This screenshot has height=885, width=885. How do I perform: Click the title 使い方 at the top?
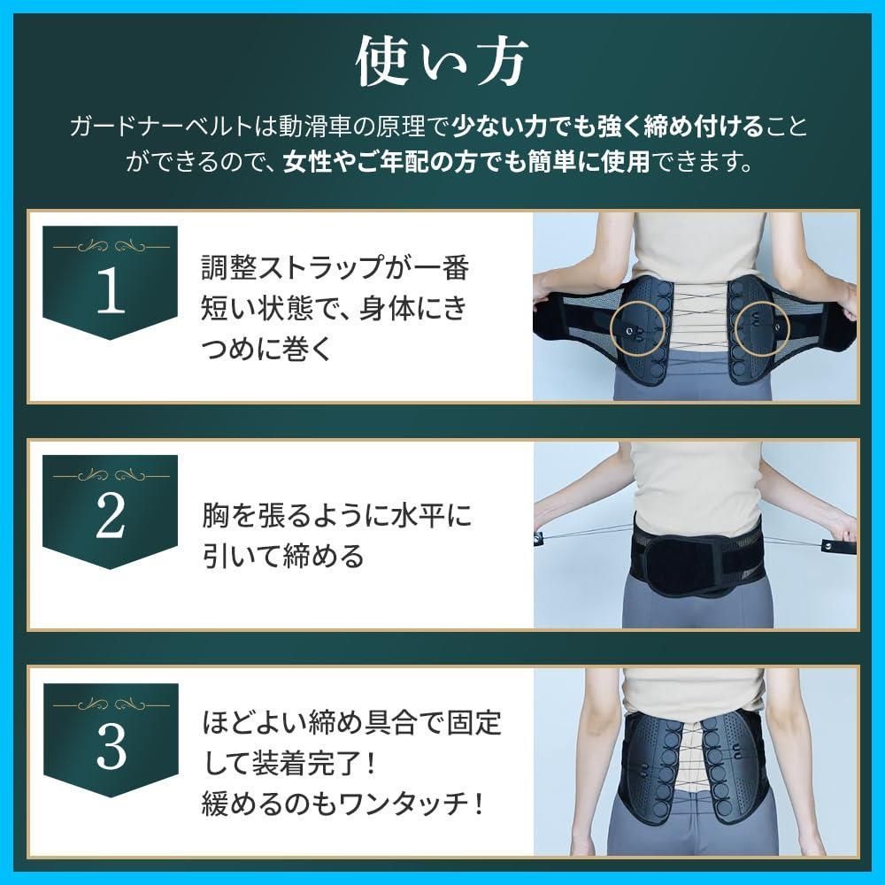[442, 61]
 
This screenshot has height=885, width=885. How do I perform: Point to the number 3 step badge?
[111, 748]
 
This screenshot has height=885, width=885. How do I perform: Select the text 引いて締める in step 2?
[282, 557]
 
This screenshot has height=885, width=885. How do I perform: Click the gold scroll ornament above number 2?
[111, 475]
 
